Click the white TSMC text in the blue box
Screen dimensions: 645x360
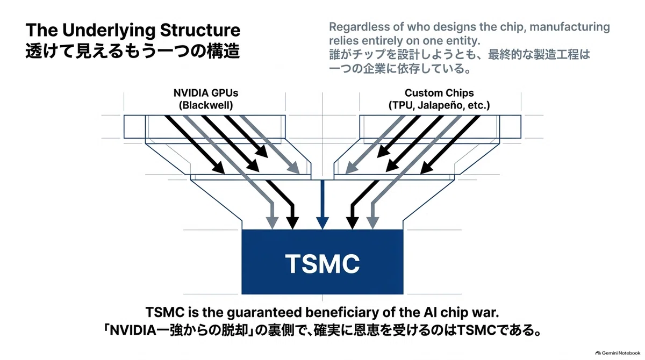point(322,264)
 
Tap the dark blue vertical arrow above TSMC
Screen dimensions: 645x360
point(322,205)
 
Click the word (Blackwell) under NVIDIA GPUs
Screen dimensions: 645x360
point(206,105)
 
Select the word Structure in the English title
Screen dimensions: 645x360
point(200,30)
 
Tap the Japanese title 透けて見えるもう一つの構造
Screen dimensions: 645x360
point(133,52)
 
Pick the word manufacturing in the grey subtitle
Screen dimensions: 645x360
point(570,27)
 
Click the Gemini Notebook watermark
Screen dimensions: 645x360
point(618,353)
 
